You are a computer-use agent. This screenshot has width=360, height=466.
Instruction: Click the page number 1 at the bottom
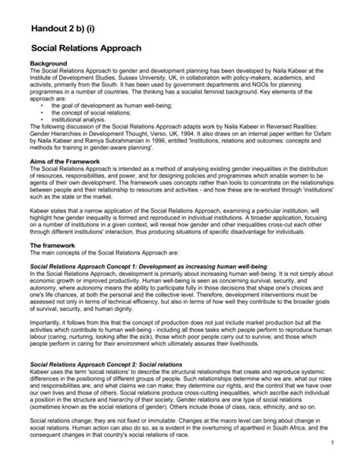pos(334,442)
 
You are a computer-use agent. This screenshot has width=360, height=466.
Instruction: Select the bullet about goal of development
pos(110,105)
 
